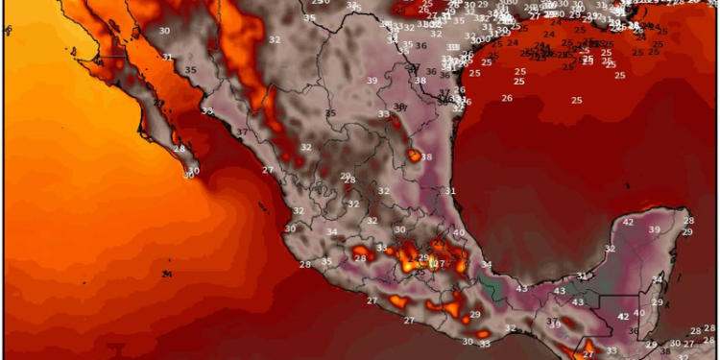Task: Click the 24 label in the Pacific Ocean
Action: (x=167, y=275)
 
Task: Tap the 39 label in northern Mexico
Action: (x=372, y=81)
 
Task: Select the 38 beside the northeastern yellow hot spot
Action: (x=426, y=157)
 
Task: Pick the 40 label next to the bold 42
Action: (x=639, y=314)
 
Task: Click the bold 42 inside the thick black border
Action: (x=623, y=316)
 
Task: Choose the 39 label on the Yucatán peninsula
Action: (x=655, y=229)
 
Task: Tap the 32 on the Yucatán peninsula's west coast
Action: (x=610, y=249)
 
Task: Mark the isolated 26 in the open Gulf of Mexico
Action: (x=506, y=124)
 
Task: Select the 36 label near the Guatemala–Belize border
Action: (x=633, y=331)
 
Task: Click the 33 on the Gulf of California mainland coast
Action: (x=207, y=110)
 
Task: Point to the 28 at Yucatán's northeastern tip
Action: (x=687, y=220)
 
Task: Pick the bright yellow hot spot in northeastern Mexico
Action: (x=413, y=155)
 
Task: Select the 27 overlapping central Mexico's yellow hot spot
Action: (x=439, y=263)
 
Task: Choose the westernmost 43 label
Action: (x=522, y=288)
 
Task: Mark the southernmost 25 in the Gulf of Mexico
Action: (x=577, y=100)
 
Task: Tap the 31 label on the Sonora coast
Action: (x=168, y=57)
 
